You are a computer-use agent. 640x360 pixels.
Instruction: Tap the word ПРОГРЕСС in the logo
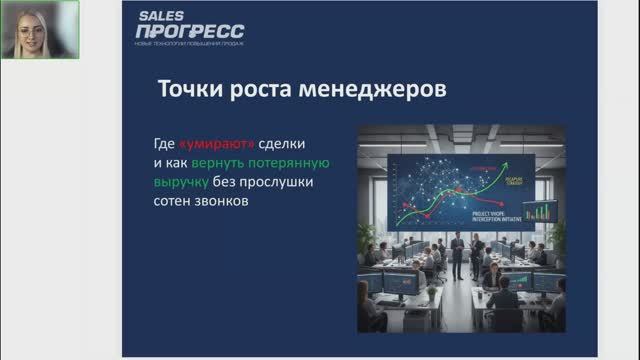[x=189, y=32]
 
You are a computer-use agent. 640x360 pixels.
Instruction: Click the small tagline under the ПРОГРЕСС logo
[x=189, y=44]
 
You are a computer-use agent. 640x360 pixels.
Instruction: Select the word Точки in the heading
[x=189, y=88]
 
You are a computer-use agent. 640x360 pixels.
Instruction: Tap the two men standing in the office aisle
[x=465, y=255]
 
